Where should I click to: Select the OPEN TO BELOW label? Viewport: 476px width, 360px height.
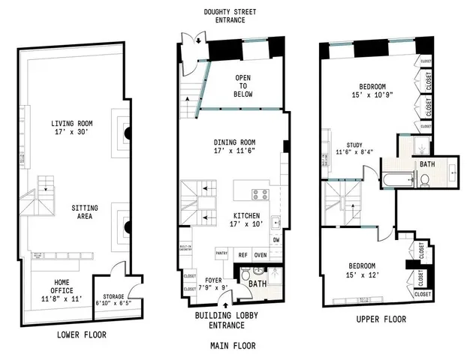[x=243, y=85]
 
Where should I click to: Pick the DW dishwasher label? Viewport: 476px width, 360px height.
[x=276, y=239]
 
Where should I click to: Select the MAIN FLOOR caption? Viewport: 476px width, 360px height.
[x=232, y=346]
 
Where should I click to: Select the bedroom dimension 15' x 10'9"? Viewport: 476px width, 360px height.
[x=372, y=95]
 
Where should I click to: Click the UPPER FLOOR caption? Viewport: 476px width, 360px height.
[x=382, y=319]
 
